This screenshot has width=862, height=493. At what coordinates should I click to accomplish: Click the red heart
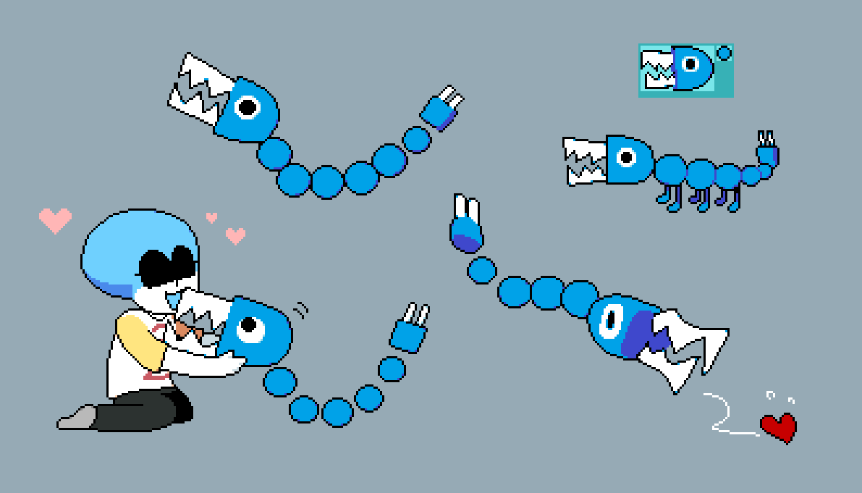779,426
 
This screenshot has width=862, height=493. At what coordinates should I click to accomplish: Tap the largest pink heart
55,219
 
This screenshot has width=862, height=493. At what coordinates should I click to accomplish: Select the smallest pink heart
211,216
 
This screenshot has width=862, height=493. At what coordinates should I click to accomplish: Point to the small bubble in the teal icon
724,53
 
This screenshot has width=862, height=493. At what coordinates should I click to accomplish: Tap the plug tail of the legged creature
767,152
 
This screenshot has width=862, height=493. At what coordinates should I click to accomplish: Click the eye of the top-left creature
248,107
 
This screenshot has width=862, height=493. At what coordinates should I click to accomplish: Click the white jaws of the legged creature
585,159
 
